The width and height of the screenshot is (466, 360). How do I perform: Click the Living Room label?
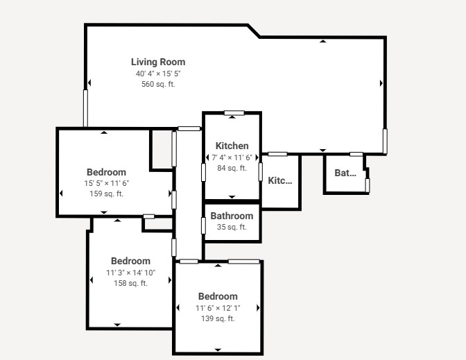[x=158, y=62]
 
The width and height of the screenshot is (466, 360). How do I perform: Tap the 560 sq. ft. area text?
[x=158, y=84]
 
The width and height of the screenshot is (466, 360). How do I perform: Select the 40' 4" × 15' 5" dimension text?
[x=158, y=74]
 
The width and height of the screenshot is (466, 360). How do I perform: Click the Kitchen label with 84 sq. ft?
[x=232, y=146]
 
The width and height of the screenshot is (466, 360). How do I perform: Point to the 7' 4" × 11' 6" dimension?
[x=232, y=157]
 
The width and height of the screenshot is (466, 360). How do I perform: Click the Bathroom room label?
[x=232, y=216]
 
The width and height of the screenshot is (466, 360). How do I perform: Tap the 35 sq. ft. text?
[x=232, y=227]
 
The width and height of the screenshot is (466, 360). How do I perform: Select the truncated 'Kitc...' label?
[x=280, y=180]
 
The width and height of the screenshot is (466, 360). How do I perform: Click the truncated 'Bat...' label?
[x=345, y=173]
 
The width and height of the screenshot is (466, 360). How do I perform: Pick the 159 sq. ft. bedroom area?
[x=106, y=194]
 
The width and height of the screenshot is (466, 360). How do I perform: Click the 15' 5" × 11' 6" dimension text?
[x=106, y=183]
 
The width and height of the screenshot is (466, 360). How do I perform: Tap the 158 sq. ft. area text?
[x=131, y=283]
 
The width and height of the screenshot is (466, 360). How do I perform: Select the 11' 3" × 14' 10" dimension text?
[x=131, y=273]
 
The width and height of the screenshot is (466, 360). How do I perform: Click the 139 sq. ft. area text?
[x=218, y=318]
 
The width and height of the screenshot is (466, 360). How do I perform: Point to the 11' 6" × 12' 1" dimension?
[x=218, y=308]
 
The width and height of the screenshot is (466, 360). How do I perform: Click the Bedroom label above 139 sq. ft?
[x=218, y=296]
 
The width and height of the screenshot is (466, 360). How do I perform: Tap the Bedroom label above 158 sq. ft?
[x=131, y=261]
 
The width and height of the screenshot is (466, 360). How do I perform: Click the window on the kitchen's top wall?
[x=234, y=113]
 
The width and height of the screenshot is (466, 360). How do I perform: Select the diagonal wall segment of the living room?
[x=254, y=31]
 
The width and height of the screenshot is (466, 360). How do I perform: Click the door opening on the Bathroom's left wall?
[x=203, y=226]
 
